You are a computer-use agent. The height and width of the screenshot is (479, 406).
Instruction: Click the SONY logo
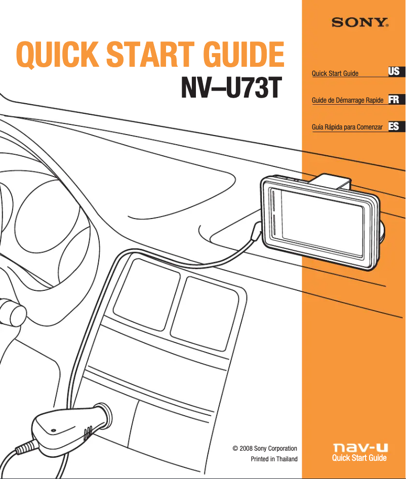(x=360, y=23)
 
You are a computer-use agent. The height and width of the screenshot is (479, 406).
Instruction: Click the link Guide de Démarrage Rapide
(x=347, y=101)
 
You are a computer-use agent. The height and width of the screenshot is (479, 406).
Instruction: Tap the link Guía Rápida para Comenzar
(x=347, y=127)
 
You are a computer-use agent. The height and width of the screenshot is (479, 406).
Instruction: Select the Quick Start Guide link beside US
(x=335, y=74)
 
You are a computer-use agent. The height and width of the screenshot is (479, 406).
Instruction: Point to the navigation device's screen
(x=322, y=218)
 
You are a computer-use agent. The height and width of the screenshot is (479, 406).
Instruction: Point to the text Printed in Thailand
(x=274, y=459)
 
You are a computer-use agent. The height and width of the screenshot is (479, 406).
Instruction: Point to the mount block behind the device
(x=332, y=181)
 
